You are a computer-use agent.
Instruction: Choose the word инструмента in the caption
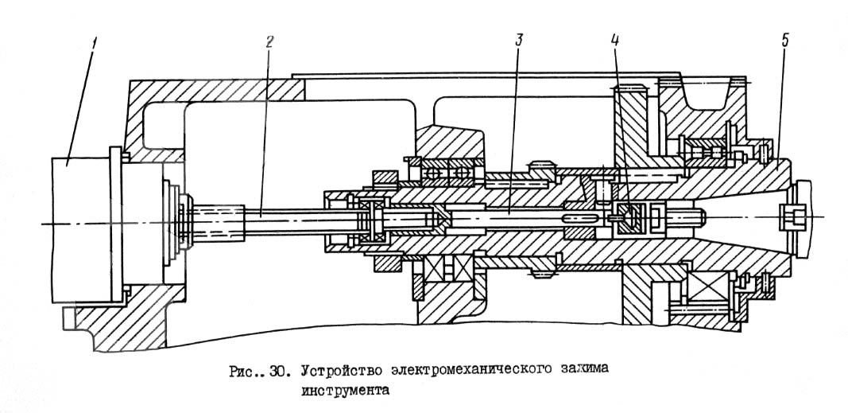pyautogui.click(x=346, y=391)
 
